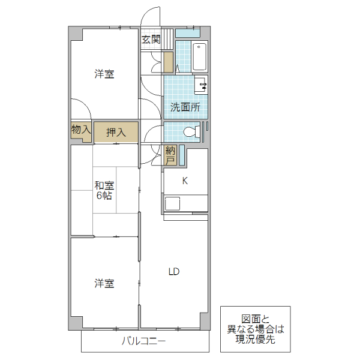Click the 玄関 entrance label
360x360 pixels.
[151, 40]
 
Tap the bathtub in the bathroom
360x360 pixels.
[200, 56]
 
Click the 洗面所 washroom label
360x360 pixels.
[185, 108]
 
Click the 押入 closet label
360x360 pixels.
[116, 133]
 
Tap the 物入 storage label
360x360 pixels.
[80, 130]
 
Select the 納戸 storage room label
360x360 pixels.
[170, 155]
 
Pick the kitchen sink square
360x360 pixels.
[173, 203]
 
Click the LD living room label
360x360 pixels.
[173, 271]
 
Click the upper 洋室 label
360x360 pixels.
[104, 74]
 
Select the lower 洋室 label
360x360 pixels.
[104, 282]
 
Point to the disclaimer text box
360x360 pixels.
[255, 329]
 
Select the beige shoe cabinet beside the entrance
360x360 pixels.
[169, 62]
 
